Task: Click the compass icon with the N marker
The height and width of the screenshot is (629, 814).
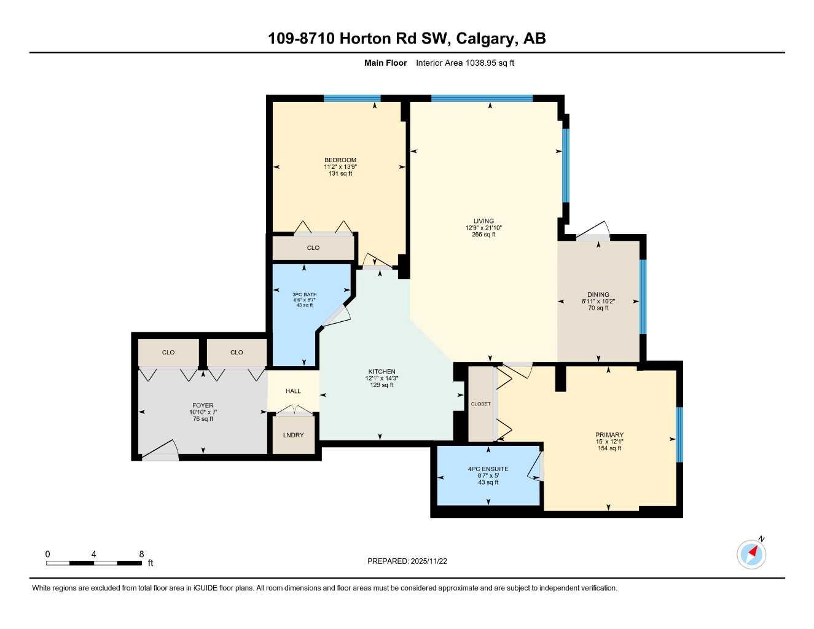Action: point(751,554)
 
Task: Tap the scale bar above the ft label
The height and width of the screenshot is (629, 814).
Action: point(93,563)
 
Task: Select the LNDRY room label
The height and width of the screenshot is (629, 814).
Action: point(294,435)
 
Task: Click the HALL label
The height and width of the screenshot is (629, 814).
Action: point(294,391)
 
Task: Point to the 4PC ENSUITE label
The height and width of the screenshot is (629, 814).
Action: point(488,469)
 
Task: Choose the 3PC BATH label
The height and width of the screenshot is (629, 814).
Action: point(305,295)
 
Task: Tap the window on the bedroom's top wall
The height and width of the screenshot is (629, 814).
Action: point(352,98)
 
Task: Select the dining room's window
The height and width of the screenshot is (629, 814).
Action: point(643,297)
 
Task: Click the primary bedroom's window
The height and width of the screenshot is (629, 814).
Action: point(679,434)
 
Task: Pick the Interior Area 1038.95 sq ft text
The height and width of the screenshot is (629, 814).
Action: point(465,63)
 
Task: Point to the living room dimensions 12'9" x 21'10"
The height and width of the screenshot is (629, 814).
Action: point(483,228)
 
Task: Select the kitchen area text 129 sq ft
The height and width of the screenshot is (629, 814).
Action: point(382,385)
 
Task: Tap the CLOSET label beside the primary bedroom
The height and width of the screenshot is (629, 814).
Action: point(480,404)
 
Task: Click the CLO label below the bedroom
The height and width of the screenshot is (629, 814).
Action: point(313,248)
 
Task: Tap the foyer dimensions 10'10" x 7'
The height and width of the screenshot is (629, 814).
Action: point(203,412)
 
